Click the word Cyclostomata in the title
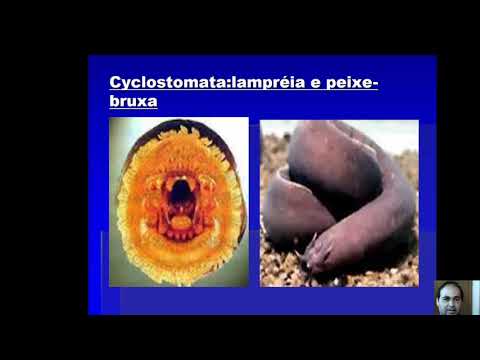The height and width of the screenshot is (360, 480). point(168,83)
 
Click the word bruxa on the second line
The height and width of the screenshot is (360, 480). point(134,102)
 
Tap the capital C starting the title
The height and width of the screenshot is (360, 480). point(115,83)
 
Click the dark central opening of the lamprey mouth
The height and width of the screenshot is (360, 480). point(181,190)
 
